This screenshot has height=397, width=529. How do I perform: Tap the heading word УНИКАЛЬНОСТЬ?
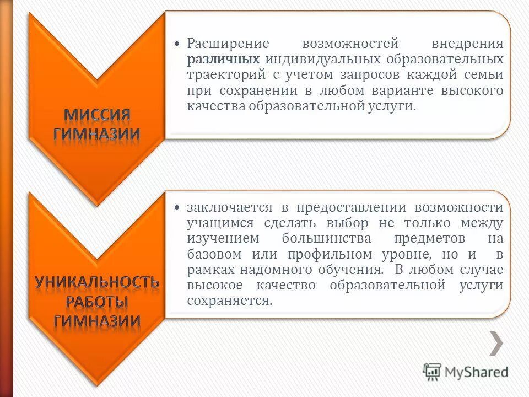click(97, 282)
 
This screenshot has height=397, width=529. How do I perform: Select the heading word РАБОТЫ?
click(97, 302)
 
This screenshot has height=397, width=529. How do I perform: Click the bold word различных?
click(224, 59)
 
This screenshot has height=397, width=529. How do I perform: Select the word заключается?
click(230, 207)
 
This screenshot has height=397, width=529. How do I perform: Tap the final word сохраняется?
click(230, 301)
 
